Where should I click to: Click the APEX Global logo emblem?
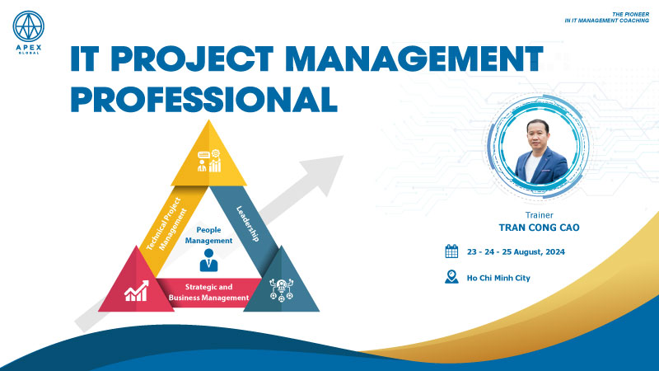tap(28, 26)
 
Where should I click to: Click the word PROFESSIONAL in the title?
tap(203, 99)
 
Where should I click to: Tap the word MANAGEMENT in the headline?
tap(414, 59)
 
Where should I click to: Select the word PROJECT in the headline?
tap(192, 59)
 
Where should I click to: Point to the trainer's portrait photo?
tap(540, 152)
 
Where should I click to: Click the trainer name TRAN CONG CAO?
tap(540, 228)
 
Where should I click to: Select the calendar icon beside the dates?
tap(451, 251)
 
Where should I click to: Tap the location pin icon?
tap(451, 277)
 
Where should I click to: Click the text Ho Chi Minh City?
tap(498, 278)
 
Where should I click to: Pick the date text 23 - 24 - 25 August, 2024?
tap(516, 252)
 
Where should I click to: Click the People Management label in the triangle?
tap(209, 235)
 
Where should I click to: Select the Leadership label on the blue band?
tap(248, 223)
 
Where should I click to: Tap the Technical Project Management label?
tap(167, 223)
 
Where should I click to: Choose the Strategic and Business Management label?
tap(209, 293)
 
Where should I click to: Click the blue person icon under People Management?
tap(208, 260)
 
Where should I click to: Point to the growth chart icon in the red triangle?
tap(137, 291)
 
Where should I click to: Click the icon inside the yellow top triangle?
tap(209, 161)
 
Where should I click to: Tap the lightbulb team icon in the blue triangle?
tap(282, 290)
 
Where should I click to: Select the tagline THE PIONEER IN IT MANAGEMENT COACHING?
tap(607, 17)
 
